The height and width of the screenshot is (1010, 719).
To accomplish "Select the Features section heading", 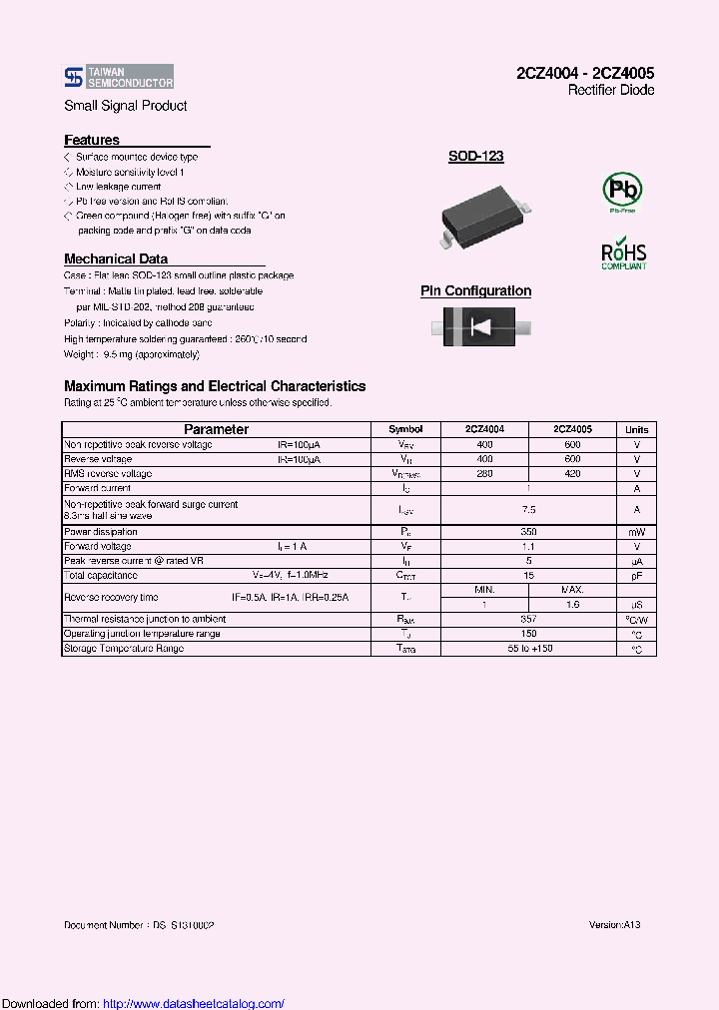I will (x=92, y=141).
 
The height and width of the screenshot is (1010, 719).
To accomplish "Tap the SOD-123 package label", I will (x=475, y=157).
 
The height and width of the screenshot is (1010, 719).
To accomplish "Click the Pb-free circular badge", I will (x=622, y=190).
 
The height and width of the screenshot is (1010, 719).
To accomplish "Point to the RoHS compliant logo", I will (x=623, y=253).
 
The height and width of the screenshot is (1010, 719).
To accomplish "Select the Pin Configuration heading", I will (x=475, y=291).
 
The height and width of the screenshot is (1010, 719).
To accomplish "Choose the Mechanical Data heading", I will (x=116, y=258).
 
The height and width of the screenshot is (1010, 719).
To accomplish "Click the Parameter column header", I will (x=216, y=429).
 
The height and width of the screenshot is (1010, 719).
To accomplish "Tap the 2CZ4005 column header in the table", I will (x=572, y=429).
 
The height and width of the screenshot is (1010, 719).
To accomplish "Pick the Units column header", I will (x=636, y=429).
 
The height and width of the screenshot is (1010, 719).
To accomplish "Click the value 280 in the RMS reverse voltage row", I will (x=485, y=474).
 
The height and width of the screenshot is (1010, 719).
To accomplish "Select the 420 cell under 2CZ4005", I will (x=572, y=474).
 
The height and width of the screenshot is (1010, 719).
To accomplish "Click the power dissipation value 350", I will (x=529, y=533).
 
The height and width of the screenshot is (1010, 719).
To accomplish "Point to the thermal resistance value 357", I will (x=529, y=619).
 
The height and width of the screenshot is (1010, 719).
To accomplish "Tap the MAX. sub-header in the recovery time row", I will (x=572, y=590).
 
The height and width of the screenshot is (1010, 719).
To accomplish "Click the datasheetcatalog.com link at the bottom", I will (x=194, y=1004).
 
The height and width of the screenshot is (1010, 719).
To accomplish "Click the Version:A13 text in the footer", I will (x=614, y=925).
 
